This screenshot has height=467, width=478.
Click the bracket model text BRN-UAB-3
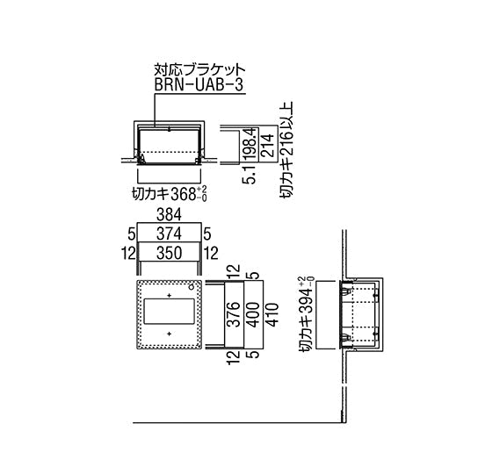[x=199, y=85]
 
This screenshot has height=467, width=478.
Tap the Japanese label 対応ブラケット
[x=199, y=69]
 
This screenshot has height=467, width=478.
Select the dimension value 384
[x=169, y=214]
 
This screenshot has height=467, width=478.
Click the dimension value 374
[x=169, y=233]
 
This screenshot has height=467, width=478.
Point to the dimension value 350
[x=169, y=253]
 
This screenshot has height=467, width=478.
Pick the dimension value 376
[x=234, y=314]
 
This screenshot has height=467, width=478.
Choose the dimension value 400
[x=253, y=314]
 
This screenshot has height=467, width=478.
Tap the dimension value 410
[x=272, y=314]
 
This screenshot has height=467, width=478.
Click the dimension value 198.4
[x=250, y=143]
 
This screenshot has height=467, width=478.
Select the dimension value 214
[x=268, y=146]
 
